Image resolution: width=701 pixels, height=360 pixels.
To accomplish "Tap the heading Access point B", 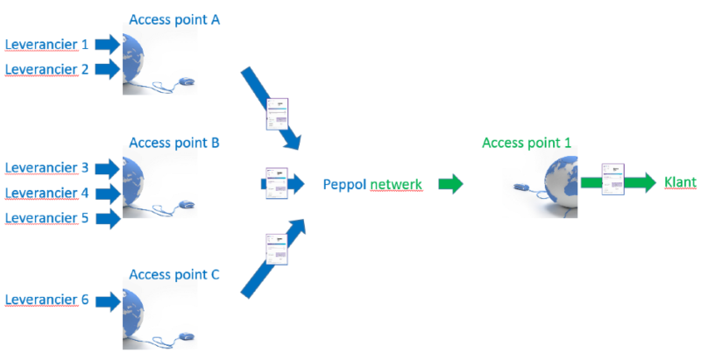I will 173,142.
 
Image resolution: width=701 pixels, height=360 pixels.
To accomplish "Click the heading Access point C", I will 173,274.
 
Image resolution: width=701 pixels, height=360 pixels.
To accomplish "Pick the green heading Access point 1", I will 526,143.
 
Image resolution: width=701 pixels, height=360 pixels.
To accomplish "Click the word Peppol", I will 344,185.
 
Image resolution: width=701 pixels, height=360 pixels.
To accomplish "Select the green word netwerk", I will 396,185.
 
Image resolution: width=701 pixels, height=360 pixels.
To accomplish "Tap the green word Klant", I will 680,183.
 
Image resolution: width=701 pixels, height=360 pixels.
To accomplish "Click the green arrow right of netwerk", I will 450,185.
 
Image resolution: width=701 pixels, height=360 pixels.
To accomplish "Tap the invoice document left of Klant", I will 612,180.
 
